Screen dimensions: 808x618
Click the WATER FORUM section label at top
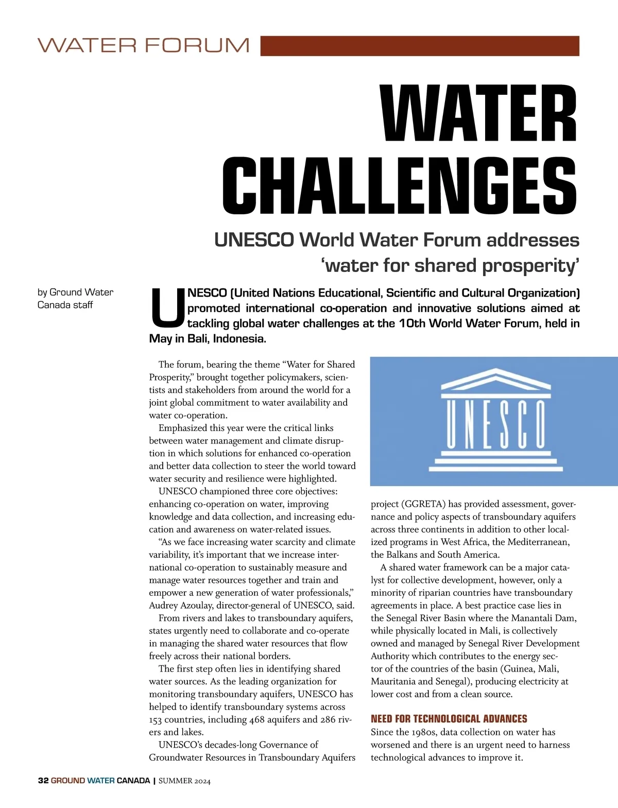tap(143, 45)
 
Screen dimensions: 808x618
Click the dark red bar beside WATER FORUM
tap(420, 46)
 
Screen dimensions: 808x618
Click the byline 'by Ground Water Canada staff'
tap(75, 299)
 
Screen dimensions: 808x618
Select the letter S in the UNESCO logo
tap(505, 425)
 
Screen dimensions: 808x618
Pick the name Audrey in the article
tap(164, 606)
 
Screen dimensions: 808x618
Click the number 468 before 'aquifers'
tap(256, 720)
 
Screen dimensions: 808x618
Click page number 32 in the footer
tap(43, 781)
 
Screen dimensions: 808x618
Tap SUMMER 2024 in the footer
tap(184, 781)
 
